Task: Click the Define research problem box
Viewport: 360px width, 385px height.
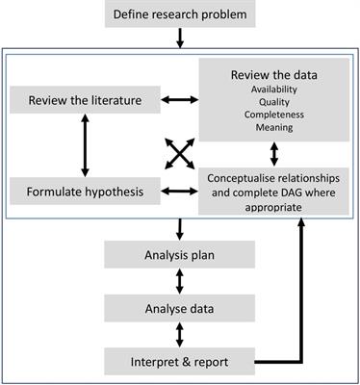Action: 179,15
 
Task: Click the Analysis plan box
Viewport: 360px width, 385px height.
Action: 179,255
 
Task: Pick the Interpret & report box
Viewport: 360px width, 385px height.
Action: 179,362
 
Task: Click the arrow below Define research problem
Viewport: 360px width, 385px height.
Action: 179,38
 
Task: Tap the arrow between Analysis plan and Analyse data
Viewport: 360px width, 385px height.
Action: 179,282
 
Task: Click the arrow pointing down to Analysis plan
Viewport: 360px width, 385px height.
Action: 179,228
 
